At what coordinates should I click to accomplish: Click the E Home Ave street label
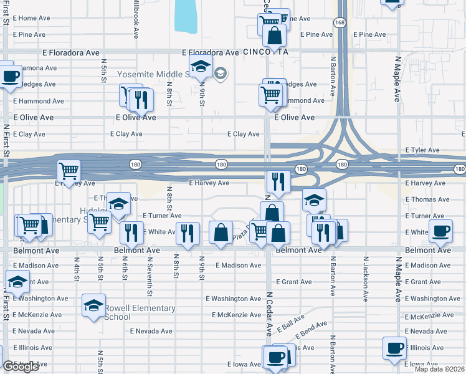30,18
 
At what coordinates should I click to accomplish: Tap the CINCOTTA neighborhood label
265,52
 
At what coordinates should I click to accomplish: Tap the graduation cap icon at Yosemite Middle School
201,65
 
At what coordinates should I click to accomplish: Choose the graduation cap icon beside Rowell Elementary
93,305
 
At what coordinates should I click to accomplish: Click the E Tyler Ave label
422,150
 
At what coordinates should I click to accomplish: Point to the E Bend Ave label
313,328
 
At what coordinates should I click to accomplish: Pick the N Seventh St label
150,275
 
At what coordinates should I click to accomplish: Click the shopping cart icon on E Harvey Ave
69,170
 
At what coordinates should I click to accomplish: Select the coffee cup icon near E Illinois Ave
394,348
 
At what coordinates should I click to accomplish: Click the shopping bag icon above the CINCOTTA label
274,36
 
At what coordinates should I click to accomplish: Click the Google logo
21,367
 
